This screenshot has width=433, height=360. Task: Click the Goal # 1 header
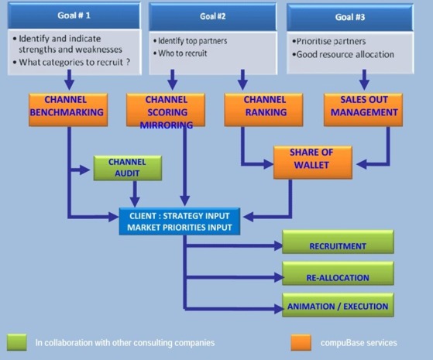74,15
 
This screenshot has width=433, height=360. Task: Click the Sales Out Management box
363,108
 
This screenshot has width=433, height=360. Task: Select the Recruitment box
337,246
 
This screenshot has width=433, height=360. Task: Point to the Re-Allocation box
337,276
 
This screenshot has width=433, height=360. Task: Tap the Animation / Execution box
337,306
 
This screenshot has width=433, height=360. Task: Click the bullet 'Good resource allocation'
345,54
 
